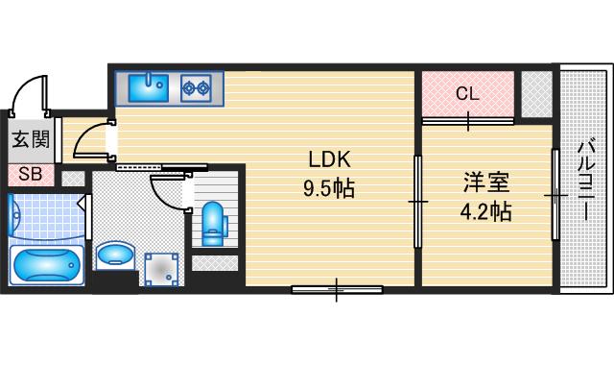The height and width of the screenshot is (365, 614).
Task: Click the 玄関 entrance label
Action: [30, 140]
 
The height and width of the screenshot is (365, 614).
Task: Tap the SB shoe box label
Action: [29, 175]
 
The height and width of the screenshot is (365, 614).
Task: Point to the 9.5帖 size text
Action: [330, 188]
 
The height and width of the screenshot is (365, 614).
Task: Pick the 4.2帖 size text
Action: [485, 210]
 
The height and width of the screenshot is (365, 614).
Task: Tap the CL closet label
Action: [467, 94]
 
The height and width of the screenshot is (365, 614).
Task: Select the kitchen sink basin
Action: [150, 87]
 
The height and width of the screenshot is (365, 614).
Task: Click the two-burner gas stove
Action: [197, 88]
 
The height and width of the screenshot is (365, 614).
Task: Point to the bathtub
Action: [45, 263]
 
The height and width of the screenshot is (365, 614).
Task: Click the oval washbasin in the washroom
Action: [116, 255]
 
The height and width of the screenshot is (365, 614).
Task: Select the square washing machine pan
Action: [161, 269]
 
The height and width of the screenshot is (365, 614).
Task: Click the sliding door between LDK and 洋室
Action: [417, 201]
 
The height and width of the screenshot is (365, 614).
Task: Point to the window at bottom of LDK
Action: [337, 288]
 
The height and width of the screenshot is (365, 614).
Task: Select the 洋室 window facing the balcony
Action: [555, 195]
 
